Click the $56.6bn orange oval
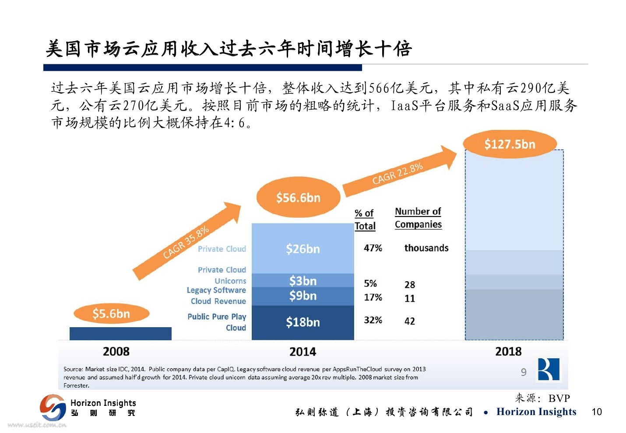(298, 198)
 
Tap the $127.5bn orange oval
(510, 144)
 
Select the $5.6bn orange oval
(111, 314)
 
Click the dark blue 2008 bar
(120, 333)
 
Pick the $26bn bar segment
(302, 248)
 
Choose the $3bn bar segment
(302, 280)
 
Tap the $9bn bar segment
(302, 296)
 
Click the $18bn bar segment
(302, 322)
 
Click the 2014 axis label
(302, 352)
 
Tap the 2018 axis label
(508, 352)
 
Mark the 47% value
(373, 248)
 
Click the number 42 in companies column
(410, 321)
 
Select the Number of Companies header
(418, 218)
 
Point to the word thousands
(426, 248)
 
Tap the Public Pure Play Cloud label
(218, 322)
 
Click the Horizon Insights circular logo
(53, 408)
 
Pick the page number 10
(597, 412)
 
